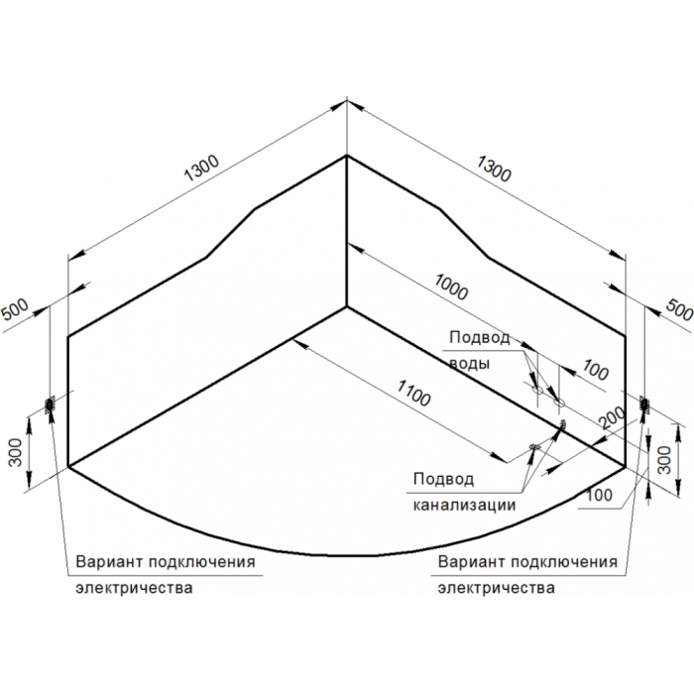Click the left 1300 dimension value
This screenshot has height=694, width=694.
click(x=201, y=169)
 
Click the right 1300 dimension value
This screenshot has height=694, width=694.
click(x=494, y=169)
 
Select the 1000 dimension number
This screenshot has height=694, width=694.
click(x=451, y=287)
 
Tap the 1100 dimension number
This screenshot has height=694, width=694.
click(x=413, y=393)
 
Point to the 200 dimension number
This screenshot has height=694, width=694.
click(x=612, y=417)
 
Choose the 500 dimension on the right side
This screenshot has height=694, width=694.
click(x=679, y=309)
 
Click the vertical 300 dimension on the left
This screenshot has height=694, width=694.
click(x=16, y=452)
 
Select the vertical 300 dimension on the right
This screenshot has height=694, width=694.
click(x=665, y=460)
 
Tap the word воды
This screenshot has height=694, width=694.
click(x=470, y=364)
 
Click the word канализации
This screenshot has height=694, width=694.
click(x=464, y=505)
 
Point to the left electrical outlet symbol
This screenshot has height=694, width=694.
click(x=50, y=405)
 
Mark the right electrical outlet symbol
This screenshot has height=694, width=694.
click(x=642, y=405)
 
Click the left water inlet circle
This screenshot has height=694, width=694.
click(x=537, y=391)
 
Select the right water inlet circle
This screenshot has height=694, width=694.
click(x=559, y=403)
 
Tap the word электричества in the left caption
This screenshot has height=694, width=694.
click(x=134, y=588)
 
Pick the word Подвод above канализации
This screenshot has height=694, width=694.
click(x=443, y=479)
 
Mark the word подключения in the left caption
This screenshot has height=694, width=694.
click(x=202, y=562)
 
